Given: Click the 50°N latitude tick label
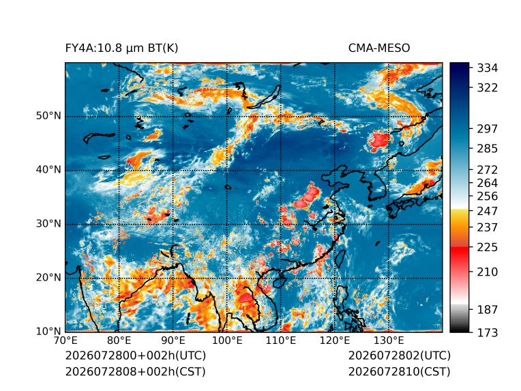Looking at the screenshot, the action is (x=48, y=116).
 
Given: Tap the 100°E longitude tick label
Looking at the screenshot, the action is (x=227, y=341).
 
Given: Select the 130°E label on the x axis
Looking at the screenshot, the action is (x=389, y=341).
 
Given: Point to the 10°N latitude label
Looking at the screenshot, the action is (x=48, y=332).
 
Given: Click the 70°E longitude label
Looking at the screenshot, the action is (x=65, y=341).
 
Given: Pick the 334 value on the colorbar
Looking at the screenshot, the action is (x=488, y=68).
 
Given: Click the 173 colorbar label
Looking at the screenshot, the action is (x=488, y=332).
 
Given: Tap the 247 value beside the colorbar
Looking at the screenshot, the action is (x=488, y=211).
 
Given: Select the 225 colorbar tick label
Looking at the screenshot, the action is (x=488, y=248).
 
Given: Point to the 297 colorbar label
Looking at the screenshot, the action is (x=488, y=129).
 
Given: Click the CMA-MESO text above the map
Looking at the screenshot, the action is (x=379, y=48).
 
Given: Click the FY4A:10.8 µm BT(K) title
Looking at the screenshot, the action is (x=121, y=48).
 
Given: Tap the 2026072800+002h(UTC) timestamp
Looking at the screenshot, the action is (x=136, y=356).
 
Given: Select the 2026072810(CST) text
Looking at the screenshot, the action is (x=400, y=371).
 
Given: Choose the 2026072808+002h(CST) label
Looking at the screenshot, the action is (x=136, y=371).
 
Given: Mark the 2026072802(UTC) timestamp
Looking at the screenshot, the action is (x=400, y=356).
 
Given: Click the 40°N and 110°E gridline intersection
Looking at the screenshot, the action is (x=281, y=170).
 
